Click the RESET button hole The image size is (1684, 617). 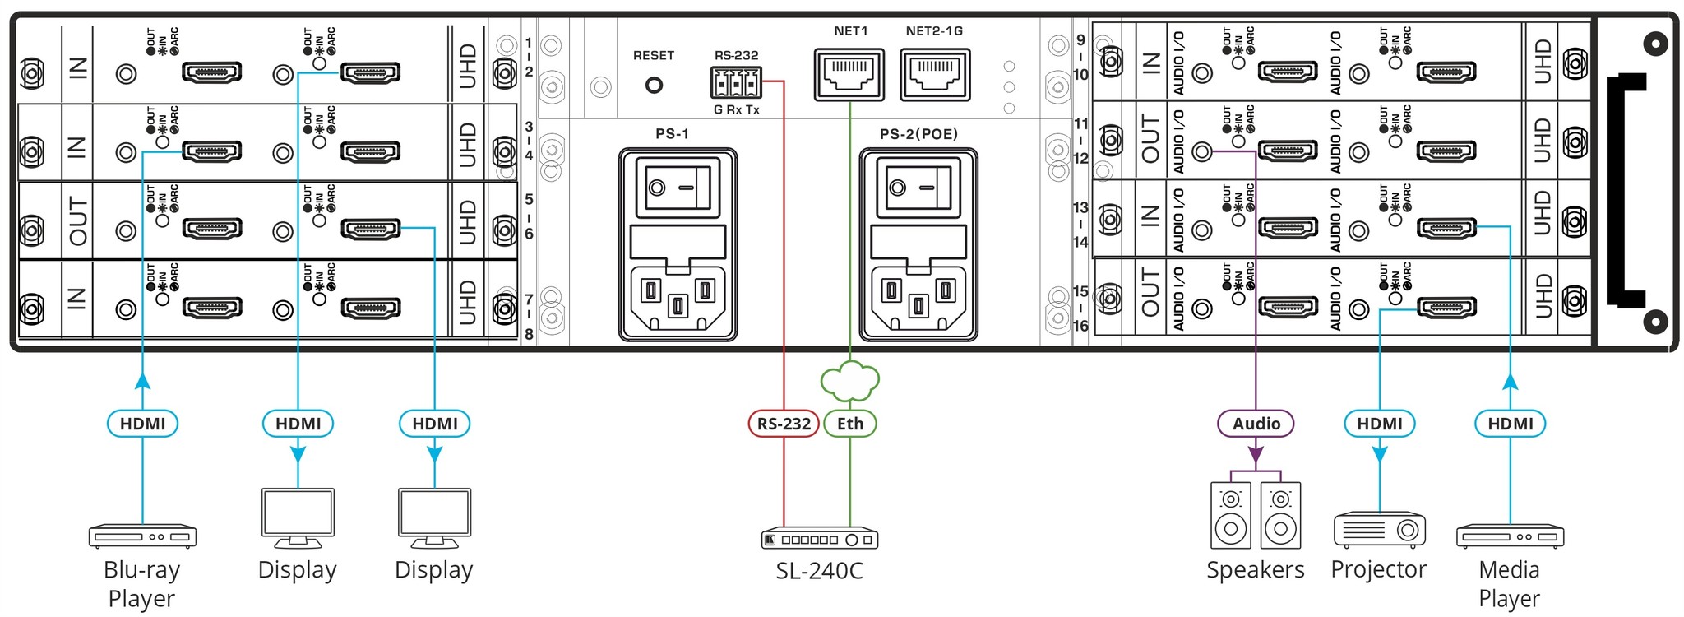point(654,85)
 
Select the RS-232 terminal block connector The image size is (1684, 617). point(736,82)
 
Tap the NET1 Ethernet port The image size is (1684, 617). point(849,74)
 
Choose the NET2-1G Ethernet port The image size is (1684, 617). point(935,74)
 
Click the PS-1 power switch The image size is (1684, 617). point(678,188)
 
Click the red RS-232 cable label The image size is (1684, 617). point(784,424)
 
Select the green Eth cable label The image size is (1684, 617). point(850,424)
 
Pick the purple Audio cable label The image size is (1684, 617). point(1256,424)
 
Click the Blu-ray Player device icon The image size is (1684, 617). point(142,536)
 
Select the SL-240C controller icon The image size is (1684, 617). point(820,539)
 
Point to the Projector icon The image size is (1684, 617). point(1379,530)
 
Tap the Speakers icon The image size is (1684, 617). point(1256,515)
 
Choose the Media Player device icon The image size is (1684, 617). point(1510,536)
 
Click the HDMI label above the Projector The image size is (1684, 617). point(1379,424)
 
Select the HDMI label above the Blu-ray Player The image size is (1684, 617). point(142,424)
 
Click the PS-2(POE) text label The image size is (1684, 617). point(918,134)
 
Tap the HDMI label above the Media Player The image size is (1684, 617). point(1511,424)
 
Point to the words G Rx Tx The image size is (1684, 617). point(736,109)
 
